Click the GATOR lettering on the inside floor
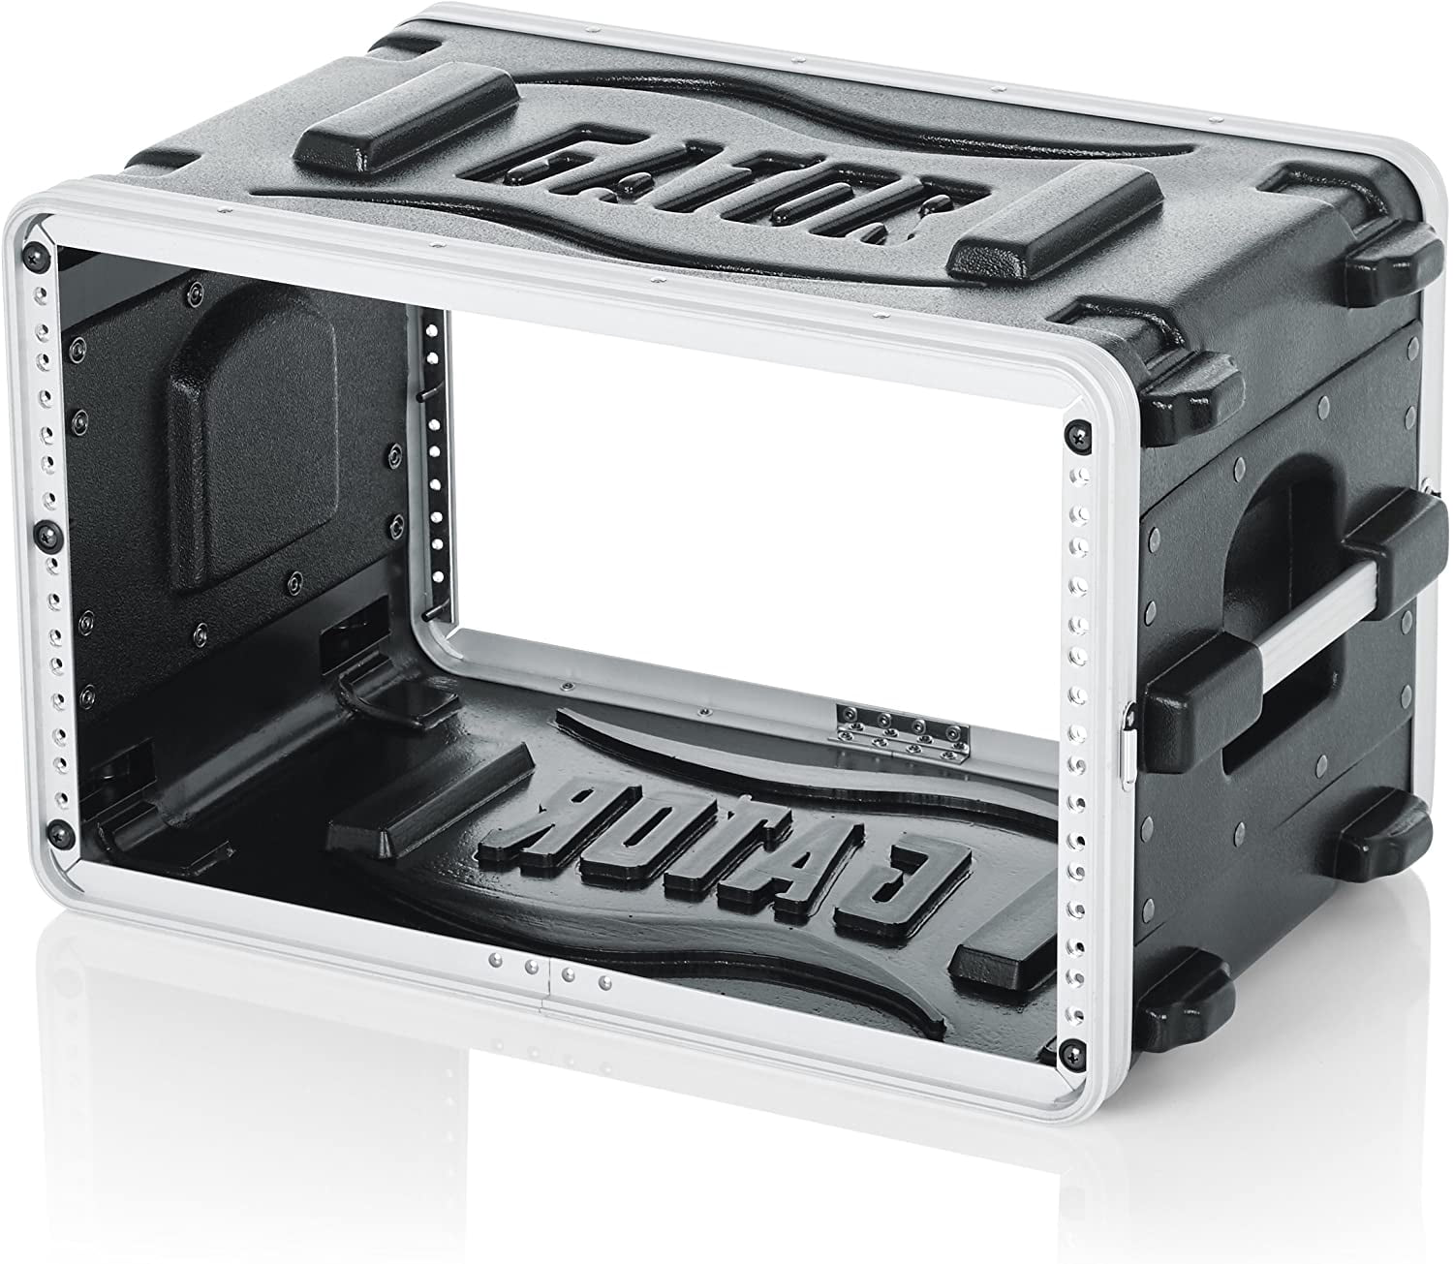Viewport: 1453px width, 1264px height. coord(725,838)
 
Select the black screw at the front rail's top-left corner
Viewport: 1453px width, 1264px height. coord(38,253)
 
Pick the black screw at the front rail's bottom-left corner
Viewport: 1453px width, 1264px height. coord(63,832)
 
